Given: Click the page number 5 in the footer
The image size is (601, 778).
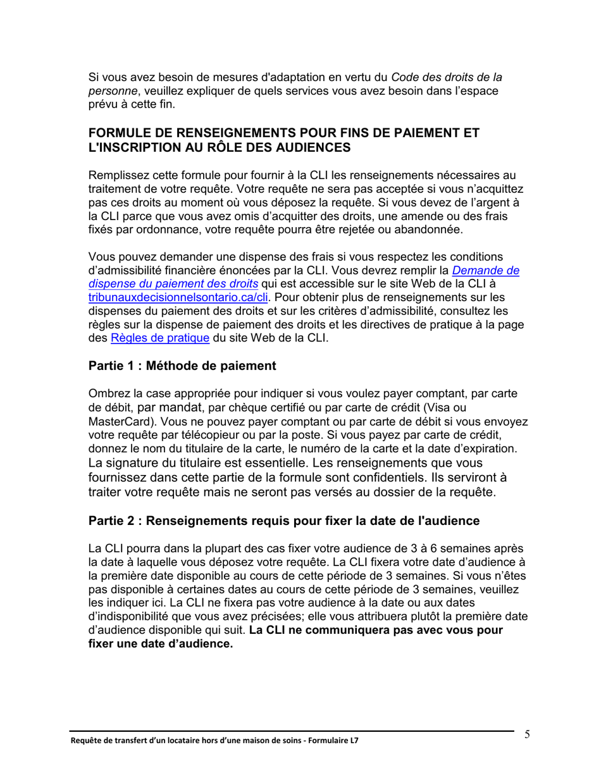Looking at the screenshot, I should pyautogui.click(x=527, y=734).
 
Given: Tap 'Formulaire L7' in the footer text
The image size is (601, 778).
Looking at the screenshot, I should pyautogui.click(x=337, y=740).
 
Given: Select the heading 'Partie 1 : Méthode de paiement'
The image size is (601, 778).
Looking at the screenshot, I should pyautogui.click(x=182, y=366).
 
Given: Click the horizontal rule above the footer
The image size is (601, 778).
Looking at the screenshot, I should pyautogui.click(x=291, y=731).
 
